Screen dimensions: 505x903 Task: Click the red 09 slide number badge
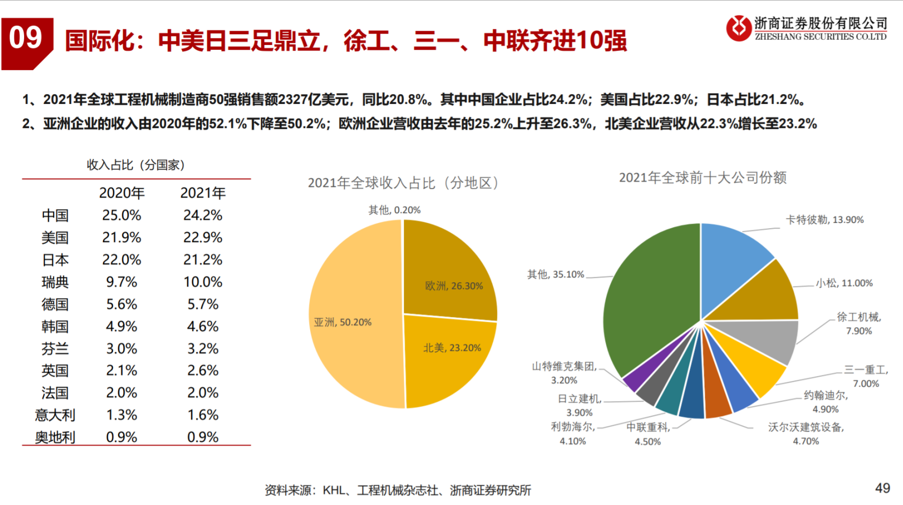pos(26,41)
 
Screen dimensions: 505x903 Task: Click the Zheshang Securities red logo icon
pos(739,28)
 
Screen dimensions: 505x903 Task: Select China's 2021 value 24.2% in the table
pos(202,215)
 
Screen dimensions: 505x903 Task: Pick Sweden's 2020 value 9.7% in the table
pos(122,282)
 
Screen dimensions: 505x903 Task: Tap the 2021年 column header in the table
pos(202,193)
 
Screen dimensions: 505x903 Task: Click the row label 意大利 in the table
pos(55,415)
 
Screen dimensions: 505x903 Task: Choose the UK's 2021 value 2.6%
pos(202,371)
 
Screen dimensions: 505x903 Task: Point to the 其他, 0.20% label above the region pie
pos(394,210)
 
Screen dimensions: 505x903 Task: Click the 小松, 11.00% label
pos(844,283)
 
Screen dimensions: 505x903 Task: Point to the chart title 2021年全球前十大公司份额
pos(702,178)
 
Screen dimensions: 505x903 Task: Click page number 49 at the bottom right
pos(882,488)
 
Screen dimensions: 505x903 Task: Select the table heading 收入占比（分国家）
pos(136,165)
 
